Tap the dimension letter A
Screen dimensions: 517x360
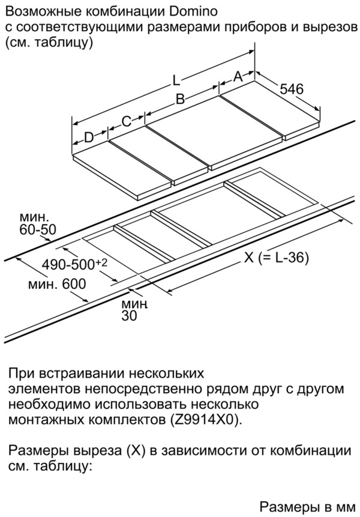point(238,77)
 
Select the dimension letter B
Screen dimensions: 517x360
point(179,100)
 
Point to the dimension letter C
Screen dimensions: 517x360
point(126,121)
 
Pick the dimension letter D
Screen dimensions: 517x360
point(89,138)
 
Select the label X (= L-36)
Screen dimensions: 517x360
point(277,258)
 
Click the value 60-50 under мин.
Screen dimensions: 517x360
point(38,230)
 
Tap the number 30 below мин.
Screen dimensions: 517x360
point(129,316)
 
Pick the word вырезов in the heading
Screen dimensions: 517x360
point(329,27)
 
